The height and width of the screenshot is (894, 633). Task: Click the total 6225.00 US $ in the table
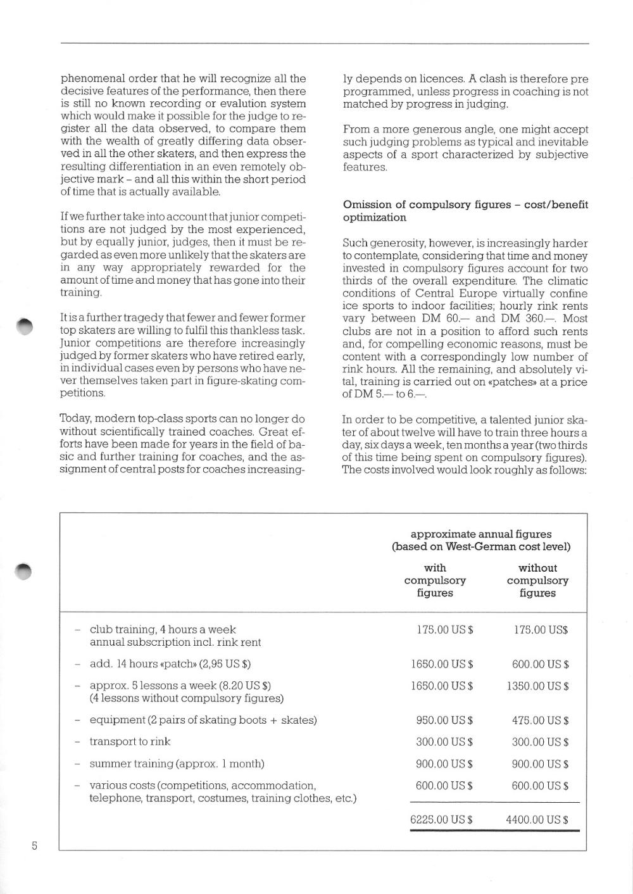coord(441,820)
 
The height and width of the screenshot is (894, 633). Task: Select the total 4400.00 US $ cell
coord(537,820)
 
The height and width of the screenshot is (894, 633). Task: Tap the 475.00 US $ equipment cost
coord(540,721)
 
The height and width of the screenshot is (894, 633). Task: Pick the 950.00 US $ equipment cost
coord(444,721)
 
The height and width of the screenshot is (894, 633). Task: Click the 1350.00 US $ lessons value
coord(537,686)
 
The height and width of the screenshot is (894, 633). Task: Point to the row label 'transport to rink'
coord(130,741)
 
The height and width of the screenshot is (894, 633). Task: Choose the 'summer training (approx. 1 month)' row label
coord(177,764)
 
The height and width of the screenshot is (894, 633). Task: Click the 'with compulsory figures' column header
coord(435,581)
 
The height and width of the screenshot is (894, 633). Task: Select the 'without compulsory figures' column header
coord(537,581)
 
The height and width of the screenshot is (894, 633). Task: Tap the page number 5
coord(34,846)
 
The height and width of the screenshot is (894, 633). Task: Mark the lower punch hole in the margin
coord(25,570)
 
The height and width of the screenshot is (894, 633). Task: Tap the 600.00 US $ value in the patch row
coord(540,665)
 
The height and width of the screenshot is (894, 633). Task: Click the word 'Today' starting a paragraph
coord(73,419)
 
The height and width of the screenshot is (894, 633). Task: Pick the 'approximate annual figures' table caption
coord(481,534)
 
